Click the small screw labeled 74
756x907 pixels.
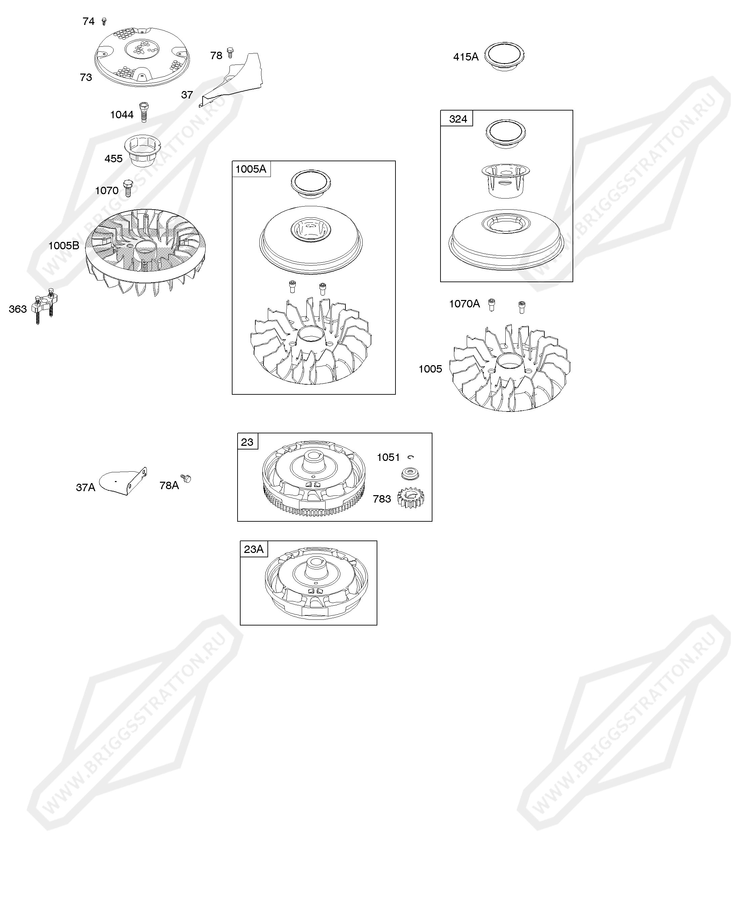(x=104, y=21)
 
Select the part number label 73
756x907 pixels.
(x=86, y=77)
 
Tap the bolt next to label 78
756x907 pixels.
(x=230, y=53)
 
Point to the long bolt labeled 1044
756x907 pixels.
(x=144, y=112)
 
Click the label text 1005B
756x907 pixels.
(x=64, y=246)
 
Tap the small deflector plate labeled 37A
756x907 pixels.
(x=123, y=481)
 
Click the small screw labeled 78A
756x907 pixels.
(x=186, y=479)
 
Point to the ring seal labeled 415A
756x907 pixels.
(x=504, y=56)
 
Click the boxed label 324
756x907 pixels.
(x=458, y=119)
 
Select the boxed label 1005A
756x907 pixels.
(x=251, y=169)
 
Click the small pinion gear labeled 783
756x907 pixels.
(x=411, y=498)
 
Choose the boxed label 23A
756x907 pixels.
(x=254, y=549)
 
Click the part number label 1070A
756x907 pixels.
(x=464, y=304)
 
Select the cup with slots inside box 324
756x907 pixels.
(x=505, y=181)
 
